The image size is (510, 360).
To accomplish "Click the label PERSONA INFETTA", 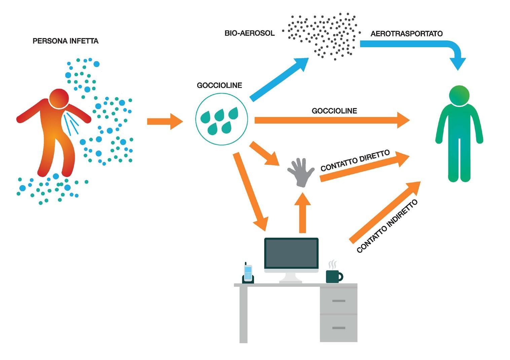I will (65, 41).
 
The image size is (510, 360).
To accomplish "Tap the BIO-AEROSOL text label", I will (249, 33).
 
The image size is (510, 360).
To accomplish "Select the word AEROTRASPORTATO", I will (406, 34).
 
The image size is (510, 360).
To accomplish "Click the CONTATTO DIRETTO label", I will (355, 160).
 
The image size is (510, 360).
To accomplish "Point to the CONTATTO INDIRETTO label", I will (387, 226).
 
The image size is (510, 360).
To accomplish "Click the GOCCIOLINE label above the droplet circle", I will (219, 85).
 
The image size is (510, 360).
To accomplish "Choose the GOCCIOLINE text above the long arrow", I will (334, 111).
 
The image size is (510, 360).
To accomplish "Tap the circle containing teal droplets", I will (221, 119).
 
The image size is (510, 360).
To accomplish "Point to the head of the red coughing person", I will (59, 99).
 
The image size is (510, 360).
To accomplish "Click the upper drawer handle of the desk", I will (338, 301).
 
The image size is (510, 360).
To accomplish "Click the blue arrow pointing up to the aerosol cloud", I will (279, 79).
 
